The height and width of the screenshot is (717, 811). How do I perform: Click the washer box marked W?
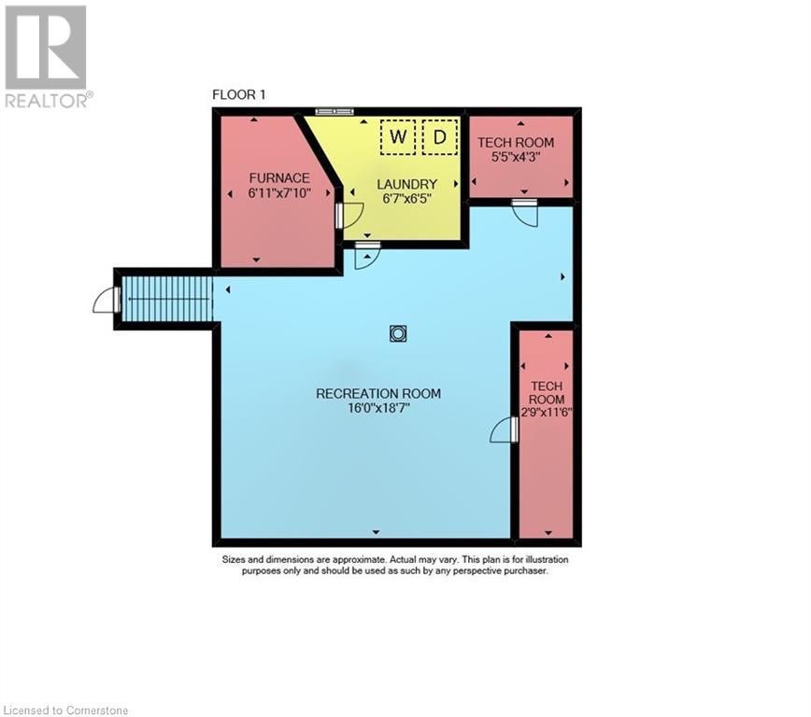pyautogui.click(x=398, y=138)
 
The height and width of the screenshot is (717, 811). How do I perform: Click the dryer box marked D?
pyautogui.click(x=440, y=138)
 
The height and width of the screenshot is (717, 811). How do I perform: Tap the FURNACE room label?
pyautogui.click(x=278, y=177)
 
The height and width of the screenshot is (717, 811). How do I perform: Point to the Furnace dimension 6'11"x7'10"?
pyautogui.click(x=278, y=192)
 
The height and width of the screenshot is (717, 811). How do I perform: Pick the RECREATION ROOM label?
pyautogui.click(x=378, y=393)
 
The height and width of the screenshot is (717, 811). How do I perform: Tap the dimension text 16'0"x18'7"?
pyautogui.click(x=378, y=408)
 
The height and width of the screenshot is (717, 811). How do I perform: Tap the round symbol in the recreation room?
pyautogui.click(x=398, y=332)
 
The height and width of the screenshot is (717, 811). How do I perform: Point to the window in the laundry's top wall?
pyautogui.click(x=334, y=111)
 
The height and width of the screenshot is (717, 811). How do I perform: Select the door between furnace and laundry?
pyautogui.click(x=348, y=216)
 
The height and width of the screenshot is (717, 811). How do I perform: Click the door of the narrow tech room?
pyautogui.click(x=505, y=430)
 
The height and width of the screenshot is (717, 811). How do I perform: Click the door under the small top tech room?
pyautogui.click(x=525, y=211)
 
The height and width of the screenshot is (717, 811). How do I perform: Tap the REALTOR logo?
pyautogui.click(x=47, y=56)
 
